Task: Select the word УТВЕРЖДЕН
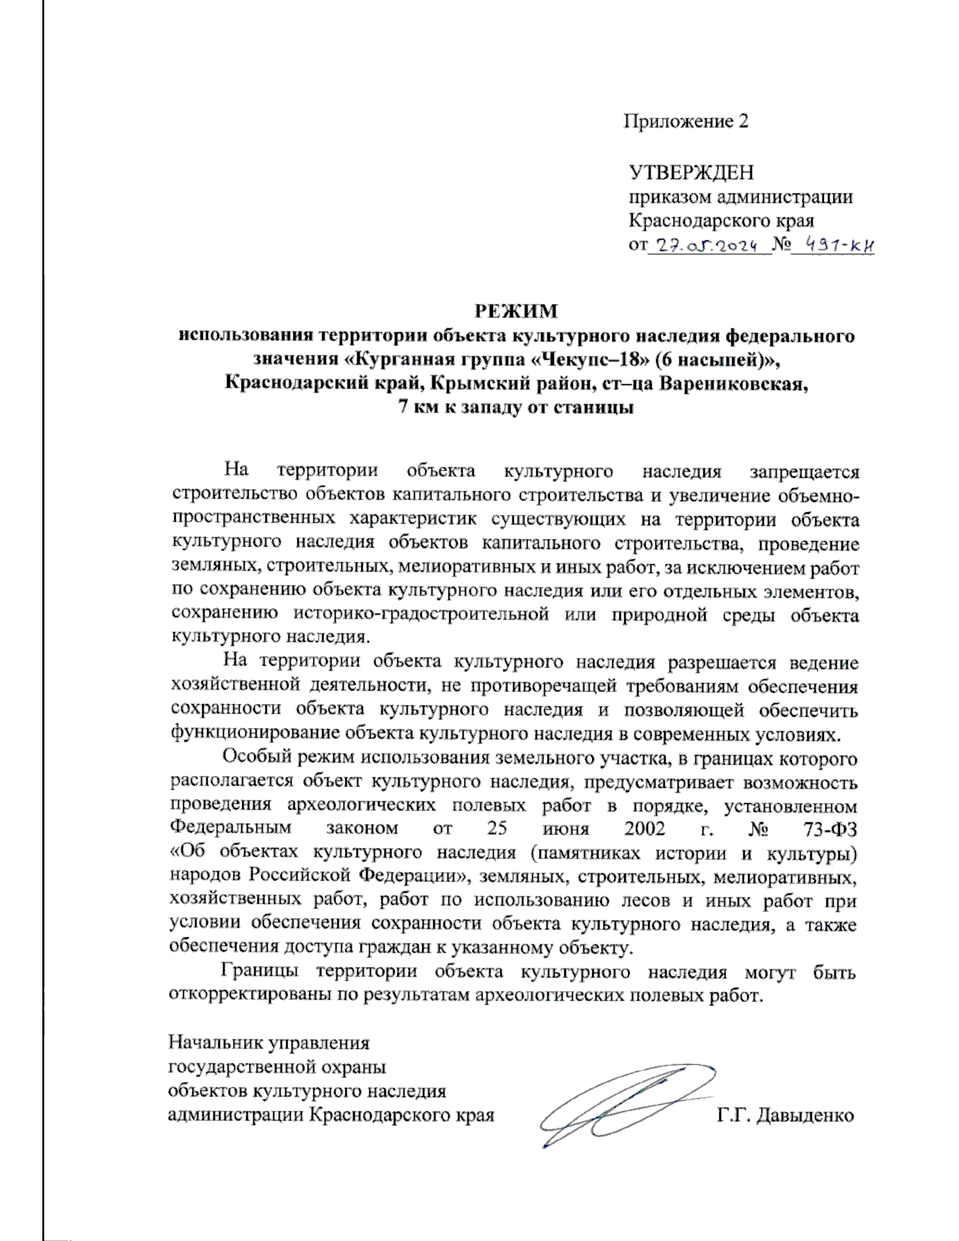pos(691,173)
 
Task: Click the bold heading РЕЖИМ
pos(516,310)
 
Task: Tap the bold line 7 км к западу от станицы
pos(516,407)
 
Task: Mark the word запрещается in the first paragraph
pos(804,472)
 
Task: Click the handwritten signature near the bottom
pos(619,1107)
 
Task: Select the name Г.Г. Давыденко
pos(786,1115)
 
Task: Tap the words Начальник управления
pos(269,1043)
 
